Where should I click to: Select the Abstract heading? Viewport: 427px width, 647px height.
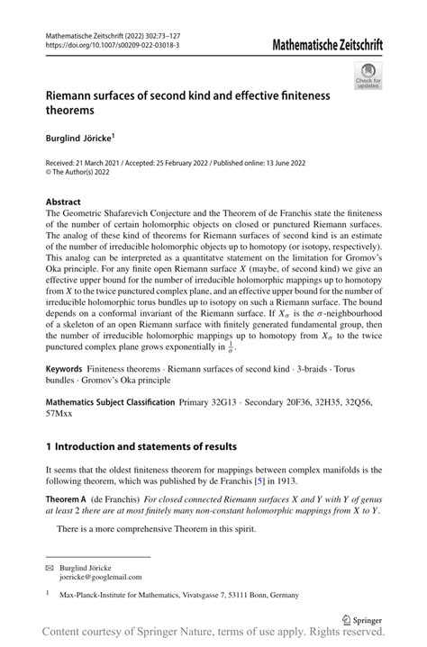pos(63,202)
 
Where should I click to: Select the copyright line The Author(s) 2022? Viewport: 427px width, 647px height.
pos(86,173)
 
